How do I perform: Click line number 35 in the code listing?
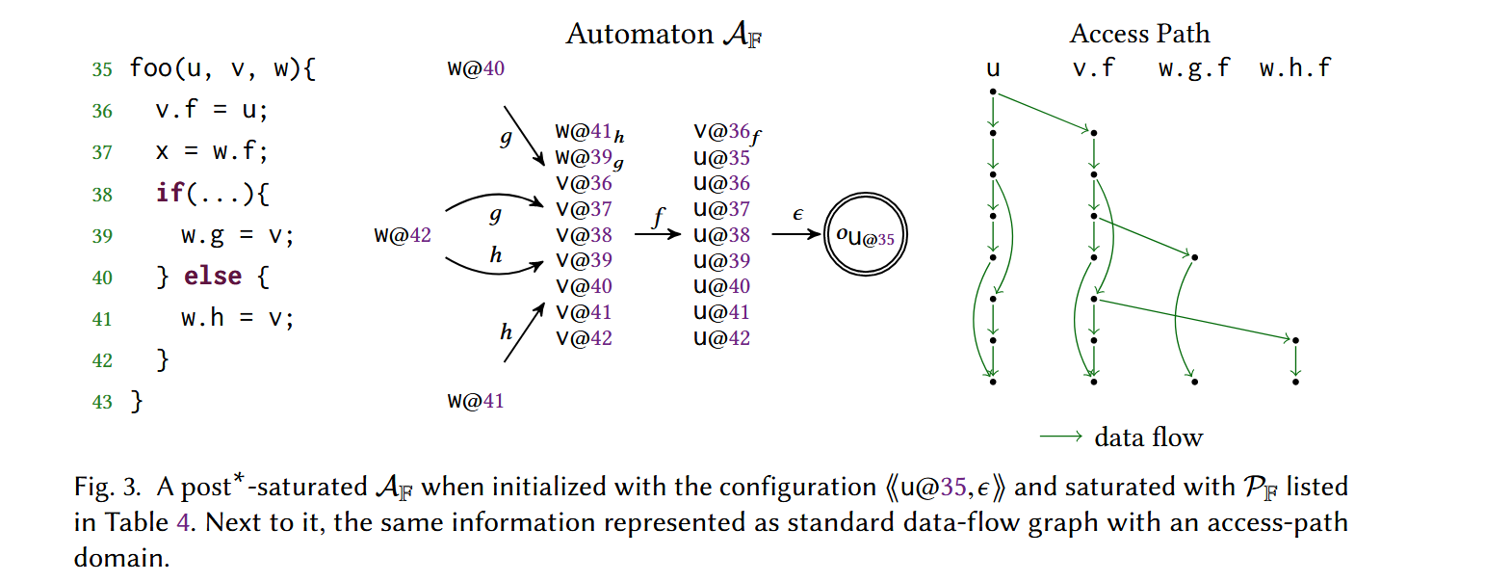(x=102, y=70)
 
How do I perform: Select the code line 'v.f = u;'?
(x=212, y=111)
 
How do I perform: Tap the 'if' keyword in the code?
(x=169, y=194)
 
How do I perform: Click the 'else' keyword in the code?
(x=213, y=278)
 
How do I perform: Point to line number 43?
(x=102, y=402)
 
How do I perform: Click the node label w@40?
(x=476, y=68)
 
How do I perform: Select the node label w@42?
(x=403, y=235)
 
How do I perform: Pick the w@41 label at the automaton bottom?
(x=476, y=401)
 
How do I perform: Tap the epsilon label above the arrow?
(x=797, y=214)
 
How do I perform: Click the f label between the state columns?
(x=659, y=218)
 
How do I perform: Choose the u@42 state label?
(x=721, y=338)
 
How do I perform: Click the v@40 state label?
(x=585, y=286)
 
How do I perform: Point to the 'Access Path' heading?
(x=1139, y=34)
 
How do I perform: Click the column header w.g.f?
(x=1194, y=68)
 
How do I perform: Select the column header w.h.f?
(x=1295, y=68)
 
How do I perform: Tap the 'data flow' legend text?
(x=1148, y=437)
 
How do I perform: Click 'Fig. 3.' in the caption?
(x=109, y=487)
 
